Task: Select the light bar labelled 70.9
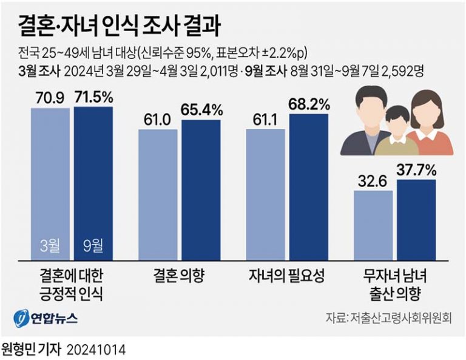[50, 182]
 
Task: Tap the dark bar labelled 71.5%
[93, 182]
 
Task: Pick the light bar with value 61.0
[158, 194]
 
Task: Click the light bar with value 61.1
[265, 194]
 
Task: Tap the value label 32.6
[372, 180]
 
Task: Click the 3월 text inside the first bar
[50, 246]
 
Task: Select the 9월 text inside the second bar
[93, 246]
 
